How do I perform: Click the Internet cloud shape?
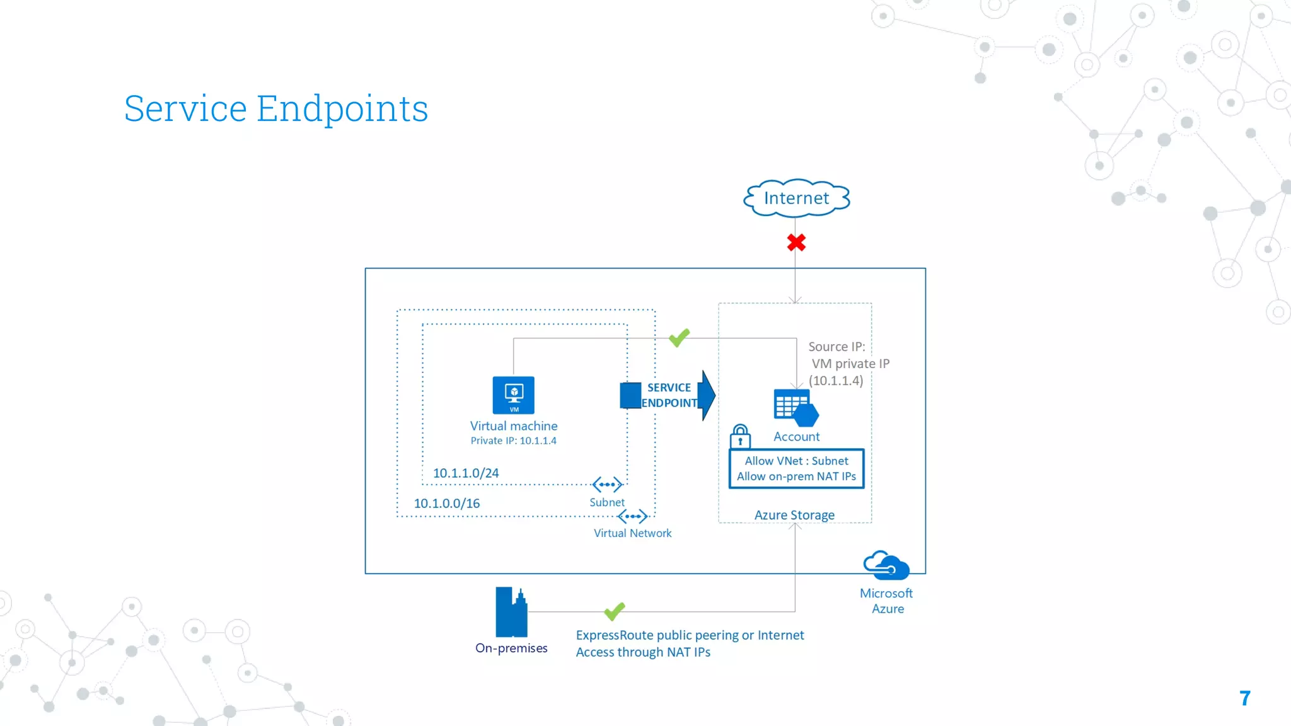point(796,198)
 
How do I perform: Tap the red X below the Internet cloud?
point(796,243)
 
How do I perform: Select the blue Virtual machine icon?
point(513,395)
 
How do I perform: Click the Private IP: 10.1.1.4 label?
point(513,441)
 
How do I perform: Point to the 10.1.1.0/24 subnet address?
point(466,473)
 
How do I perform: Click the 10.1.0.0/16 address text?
point(446,503)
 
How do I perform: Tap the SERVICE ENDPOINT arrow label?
point(669,395)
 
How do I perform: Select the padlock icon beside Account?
point(740,436)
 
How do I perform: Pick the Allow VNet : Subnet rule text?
point(796,461)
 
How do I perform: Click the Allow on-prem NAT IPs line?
point(796,476)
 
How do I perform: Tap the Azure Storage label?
point(794,515)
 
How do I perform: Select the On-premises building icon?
point(511,612)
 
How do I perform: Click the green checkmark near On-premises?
point(614,611)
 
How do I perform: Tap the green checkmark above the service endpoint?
point(679,338)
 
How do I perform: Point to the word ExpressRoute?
point(614,635)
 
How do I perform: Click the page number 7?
point(1244,698)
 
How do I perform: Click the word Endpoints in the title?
point(342,108)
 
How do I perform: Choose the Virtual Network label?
point(632,533)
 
